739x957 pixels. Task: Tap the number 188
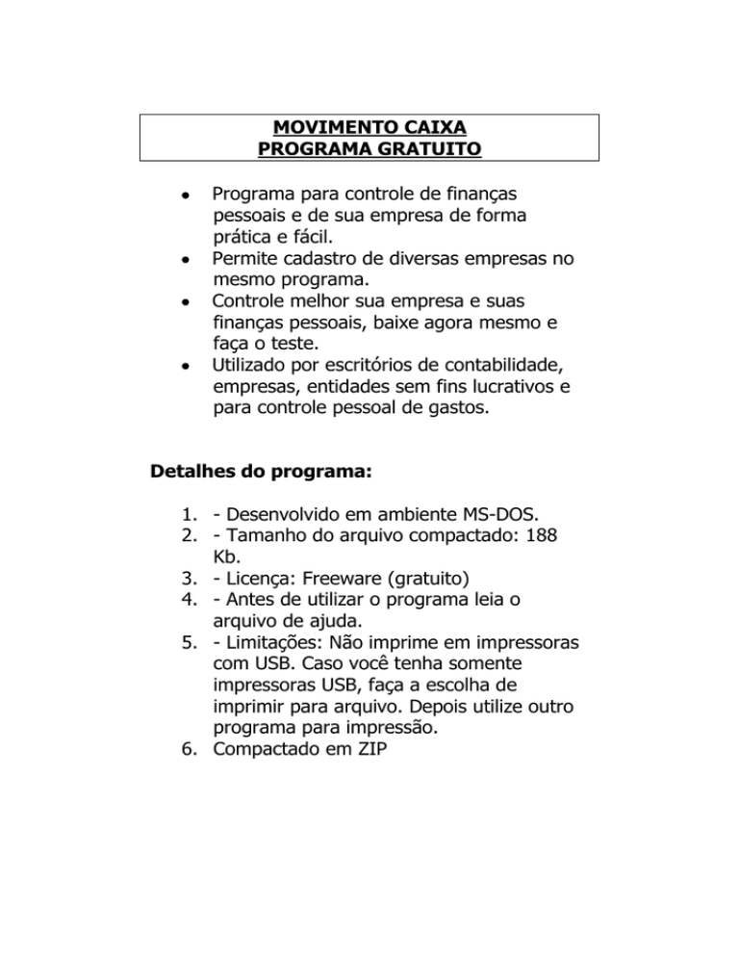tap(534, 542)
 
